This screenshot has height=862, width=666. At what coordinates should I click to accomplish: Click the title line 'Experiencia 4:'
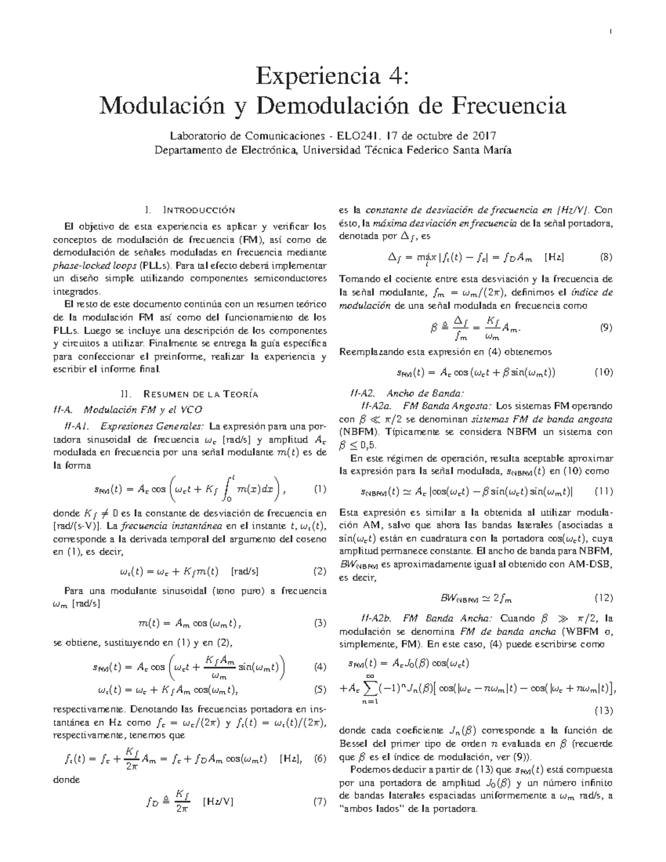332,76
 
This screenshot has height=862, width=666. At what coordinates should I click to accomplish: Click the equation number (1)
320,490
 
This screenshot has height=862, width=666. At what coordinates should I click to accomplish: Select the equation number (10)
603,372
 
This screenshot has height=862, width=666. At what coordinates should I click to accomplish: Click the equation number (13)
603,711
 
